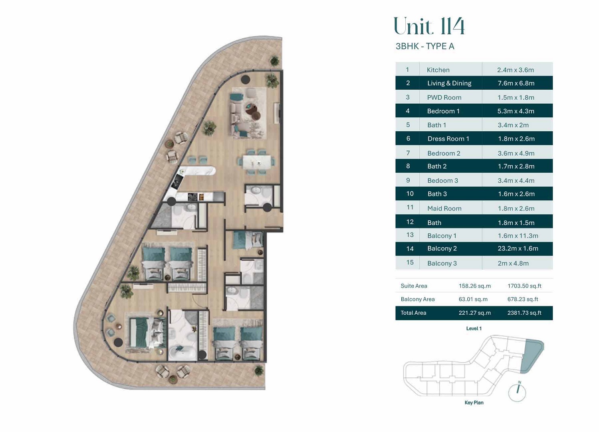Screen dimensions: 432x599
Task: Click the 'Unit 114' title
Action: coord(429,26)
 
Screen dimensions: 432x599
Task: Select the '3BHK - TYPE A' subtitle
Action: coord(424,46)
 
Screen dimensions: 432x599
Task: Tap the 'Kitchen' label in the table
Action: coord(438,70)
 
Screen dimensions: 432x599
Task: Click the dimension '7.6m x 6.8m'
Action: coord(516,83)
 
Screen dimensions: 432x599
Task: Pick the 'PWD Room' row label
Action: coord(444,97)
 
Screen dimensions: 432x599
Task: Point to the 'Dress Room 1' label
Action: coord(448,139)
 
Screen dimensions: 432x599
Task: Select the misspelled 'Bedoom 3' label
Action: coord(442,181)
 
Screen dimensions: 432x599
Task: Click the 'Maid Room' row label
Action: coord(444,208)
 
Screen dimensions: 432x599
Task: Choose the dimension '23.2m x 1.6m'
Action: coord(518,249)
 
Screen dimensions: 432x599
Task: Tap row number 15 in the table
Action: coord(410,262)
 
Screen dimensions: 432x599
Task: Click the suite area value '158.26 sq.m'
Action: coord(474,286)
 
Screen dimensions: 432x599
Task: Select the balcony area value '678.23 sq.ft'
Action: coord(522,299)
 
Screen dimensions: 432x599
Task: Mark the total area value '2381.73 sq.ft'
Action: coord(524,313)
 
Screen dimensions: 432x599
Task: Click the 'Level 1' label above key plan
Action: coord(474,329)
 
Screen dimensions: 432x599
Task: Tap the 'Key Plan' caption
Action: coord(474,403)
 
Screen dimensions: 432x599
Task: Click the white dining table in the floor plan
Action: coord(256,162)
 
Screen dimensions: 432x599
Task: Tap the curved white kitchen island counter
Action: coord(198,171)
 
